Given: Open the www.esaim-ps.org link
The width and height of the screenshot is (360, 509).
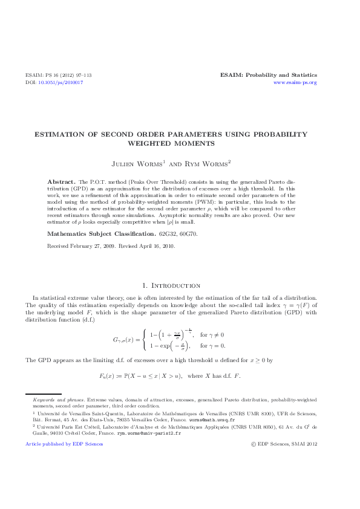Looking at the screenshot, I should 295,82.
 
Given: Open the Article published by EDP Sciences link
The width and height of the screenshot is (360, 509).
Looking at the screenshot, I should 64,444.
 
